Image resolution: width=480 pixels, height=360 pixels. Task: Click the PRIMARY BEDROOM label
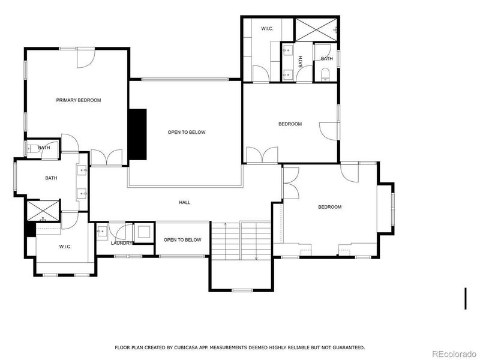click(79, 100)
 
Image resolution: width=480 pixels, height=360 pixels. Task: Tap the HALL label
click(185, 202)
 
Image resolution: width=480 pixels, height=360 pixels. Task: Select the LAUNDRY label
click(121, 243)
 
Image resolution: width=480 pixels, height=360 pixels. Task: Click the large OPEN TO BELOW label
click(187, 132)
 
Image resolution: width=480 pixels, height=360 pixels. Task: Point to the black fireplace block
click(138, 134)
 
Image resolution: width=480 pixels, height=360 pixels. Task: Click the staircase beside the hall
click(241, 240)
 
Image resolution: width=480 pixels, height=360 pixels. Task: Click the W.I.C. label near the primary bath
click(65, 246)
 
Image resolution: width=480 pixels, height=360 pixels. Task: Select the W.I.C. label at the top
click(267, 29)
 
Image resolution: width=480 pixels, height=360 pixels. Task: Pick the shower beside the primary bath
click(42, 211)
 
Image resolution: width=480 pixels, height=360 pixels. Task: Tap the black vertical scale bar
click(466, 299)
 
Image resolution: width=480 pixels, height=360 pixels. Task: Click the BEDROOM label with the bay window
click(329, 207)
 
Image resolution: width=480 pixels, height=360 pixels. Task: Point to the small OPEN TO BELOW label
click(182, 240)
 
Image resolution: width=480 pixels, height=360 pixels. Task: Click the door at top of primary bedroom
click(86, 57)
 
